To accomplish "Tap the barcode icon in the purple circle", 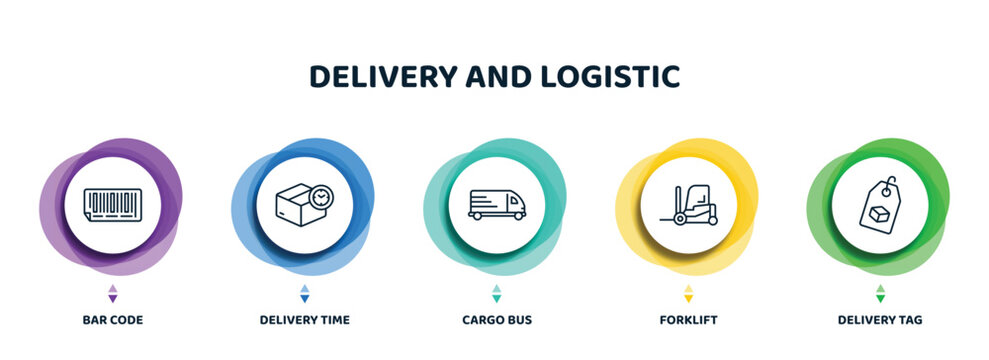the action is point(113,205).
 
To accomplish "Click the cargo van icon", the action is point(496,204).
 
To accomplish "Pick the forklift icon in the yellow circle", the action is point(688,205).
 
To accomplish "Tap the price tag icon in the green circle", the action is point(879,204).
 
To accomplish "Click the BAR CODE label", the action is point(113,320).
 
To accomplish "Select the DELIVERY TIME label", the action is point(304,320).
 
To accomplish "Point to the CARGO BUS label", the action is point(496,320).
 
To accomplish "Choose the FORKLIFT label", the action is point(688,320).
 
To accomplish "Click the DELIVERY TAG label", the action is point(880,320).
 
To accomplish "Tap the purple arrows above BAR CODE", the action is point(113,293).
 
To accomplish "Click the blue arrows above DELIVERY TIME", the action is point(305,293).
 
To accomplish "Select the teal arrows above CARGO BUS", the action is point(496,293).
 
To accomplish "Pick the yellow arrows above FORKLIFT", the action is point(688,293).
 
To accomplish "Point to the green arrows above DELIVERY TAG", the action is point(880,293).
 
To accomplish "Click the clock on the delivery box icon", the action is point(320,198).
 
